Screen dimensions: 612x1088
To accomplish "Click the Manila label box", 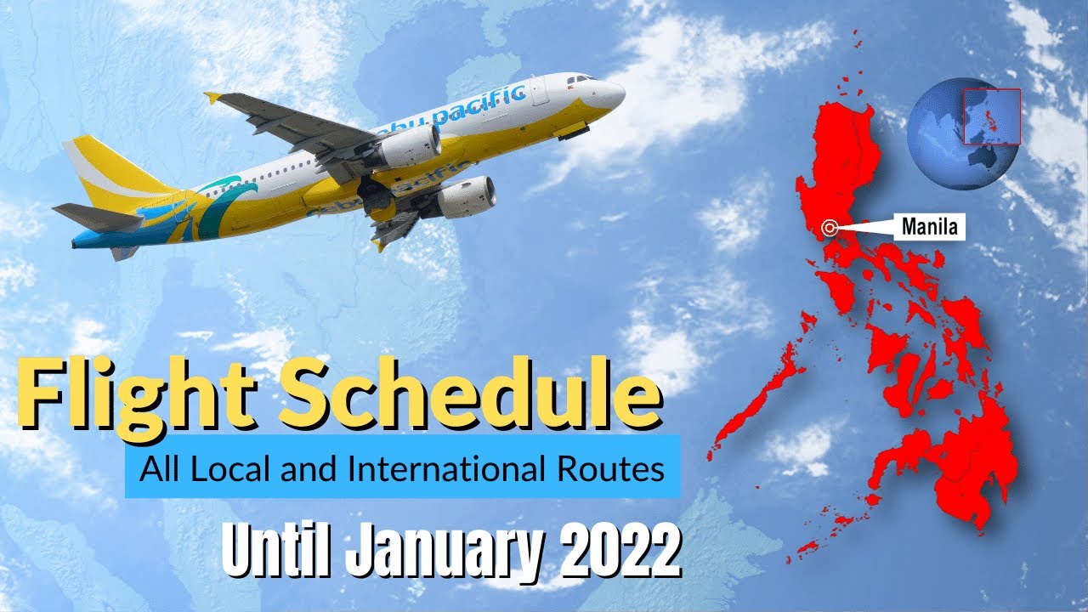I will pyautogui.click(x=929, y=227).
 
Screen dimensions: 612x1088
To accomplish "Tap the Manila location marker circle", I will pyautogui.click(x=830, y=227).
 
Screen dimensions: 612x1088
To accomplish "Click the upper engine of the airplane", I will pyautogui.click(x=409, y=146).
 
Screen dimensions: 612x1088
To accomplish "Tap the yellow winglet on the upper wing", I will pyautogui.click(x=212, y=98).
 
